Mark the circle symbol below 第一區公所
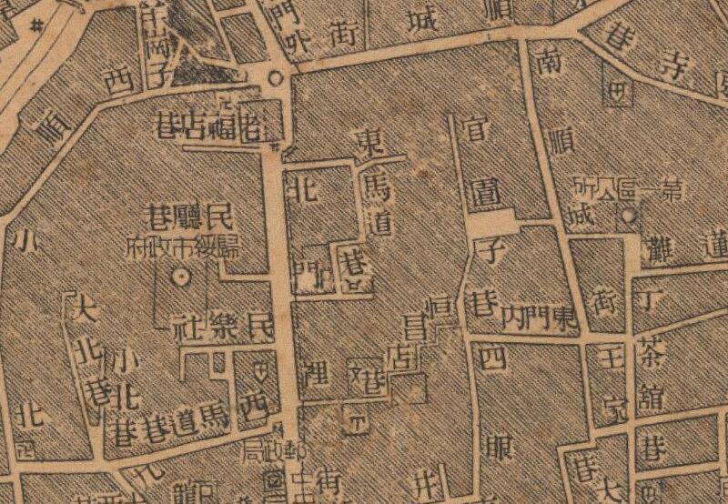tap(628, 216)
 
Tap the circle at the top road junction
tap(275, 79)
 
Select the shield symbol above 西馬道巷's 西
tap(262, 371)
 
